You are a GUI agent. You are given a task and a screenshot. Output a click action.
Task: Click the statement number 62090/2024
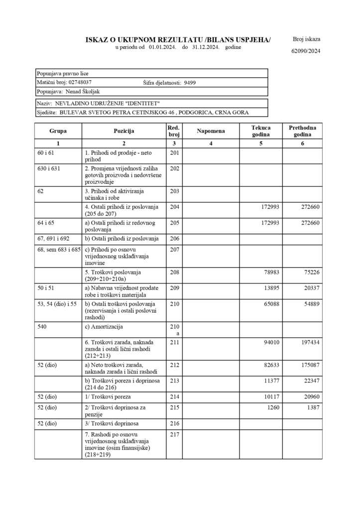306,51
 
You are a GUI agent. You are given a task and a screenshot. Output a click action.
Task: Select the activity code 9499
190,83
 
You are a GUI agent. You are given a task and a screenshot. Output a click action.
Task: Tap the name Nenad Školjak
81,92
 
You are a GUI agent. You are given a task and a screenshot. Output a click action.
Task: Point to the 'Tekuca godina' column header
261,131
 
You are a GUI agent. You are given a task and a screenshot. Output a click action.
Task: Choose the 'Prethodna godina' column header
302,131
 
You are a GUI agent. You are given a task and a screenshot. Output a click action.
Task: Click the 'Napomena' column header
211,131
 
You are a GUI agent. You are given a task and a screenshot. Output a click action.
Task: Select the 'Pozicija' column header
124,131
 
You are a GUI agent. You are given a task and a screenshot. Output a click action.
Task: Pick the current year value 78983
269,272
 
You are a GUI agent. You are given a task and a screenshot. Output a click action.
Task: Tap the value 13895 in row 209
269,289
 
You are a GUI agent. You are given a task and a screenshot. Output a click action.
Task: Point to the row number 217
174,434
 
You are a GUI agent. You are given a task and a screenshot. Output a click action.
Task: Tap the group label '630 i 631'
49,168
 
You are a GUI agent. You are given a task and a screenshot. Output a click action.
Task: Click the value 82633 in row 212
269,365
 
